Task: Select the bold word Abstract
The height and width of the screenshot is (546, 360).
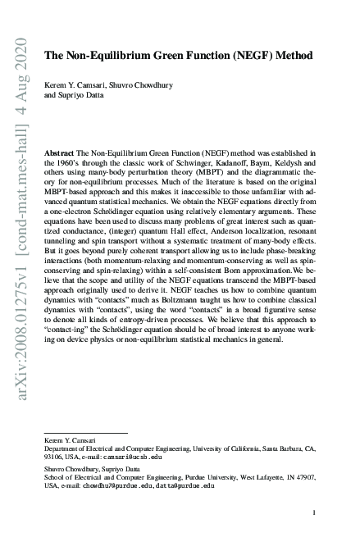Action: click(x=61, y=152)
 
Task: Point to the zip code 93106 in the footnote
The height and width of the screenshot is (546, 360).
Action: click(x=54, y=457)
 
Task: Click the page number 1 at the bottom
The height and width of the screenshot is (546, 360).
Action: click(x=314, y=513)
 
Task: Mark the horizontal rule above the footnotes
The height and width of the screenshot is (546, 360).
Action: click(x=86, y=433)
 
